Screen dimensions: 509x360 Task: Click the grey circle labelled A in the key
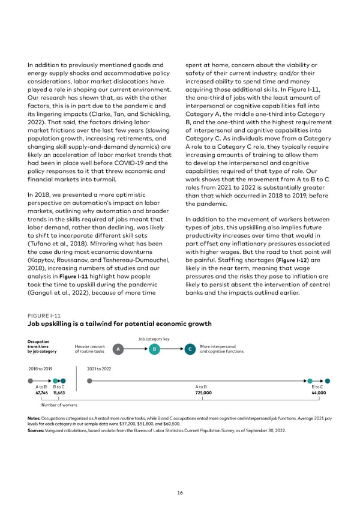[119, 349]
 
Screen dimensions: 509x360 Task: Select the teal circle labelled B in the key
[155, 349]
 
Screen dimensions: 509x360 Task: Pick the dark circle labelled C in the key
[190, 349]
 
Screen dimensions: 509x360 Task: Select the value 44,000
[317, 393]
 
